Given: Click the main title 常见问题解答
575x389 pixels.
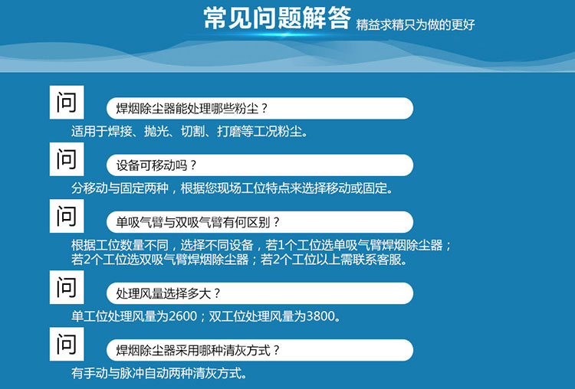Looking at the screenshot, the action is pos(278,18).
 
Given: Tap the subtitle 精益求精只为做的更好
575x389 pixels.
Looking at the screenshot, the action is pos(415,25).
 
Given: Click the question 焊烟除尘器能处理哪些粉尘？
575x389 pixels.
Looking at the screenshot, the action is pos(192,109).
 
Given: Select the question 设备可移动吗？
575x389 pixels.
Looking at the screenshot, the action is pos(156,165).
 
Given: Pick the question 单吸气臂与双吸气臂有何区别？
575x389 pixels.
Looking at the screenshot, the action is pos(198,222).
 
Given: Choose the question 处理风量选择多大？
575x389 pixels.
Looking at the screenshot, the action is pos(169,293).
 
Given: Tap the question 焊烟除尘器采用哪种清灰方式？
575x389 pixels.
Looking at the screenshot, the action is pos(198,350).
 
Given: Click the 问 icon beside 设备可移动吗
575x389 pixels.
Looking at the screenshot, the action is pos(67,159).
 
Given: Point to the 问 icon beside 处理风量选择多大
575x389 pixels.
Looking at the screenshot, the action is pos(67,287).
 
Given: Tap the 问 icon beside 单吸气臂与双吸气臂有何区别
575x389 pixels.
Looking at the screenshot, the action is pos(67,216).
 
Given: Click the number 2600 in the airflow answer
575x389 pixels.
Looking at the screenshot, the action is pos(183,315).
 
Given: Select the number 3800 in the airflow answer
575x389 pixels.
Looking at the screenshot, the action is pos(320,315).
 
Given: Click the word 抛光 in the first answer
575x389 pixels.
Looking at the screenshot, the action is pos(156,131).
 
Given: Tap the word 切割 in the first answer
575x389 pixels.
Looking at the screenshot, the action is pos(192,131).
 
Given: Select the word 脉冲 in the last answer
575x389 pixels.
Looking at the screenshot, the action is pos(133,373).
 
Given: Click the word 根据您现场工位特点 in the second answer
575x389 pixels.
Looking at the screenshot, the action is pos(235,188).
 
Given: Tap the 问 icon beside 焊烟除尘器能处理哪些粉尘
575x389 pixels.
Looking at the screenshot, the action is pos(67,102).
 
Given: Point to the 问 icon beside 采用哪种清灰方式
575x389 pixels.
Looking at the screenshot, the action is pos(67,344).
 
